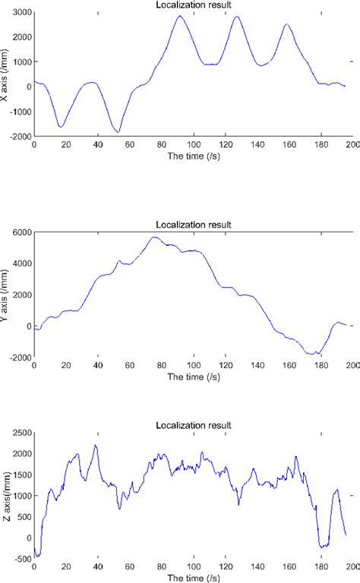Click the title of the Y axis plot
pyautogui.click(x=193, y=224)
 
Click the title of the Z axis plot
pyautogui.click(x=193, y=425)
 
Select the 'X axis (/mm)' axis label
pyautogui.click(x=7, y=74)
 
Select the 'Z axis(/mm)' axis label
pyautogui.click(x=7, y=496)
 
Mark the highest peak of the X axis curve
pyautogui.click(x=181, y=16)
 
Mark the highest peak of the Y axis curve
pyautogui.click(x=154, y=237)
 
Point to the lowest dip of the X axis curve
pyautogui.click(x=117, y=132)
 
